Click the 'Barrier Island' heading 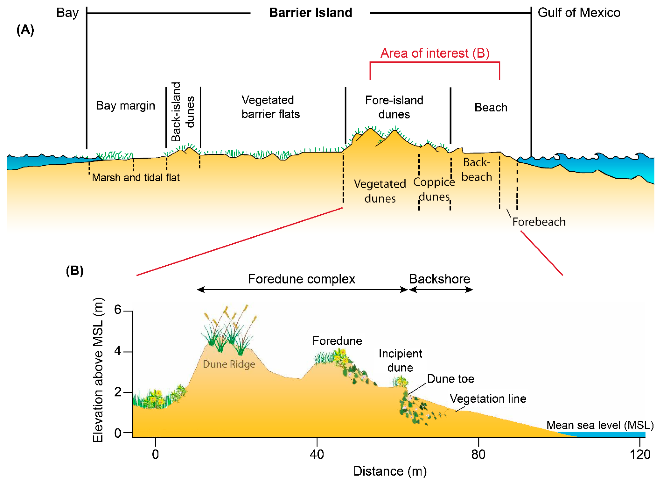click(x=311, y=13)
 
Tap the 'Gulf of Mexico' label click(x=579, y=13)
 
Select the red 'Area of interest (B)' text click(x=435, y=53)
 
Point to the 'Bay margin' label click(x=126, y=106)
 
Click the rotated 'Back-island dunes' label click(x=183, y=112)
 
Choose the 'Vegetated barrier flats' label click(x=270, y=107)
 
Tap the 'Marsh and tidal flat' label click(x=136, y=177)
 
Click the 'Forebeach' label click(x=539, y=222)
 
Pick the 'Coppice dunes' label click(x=434, y=189)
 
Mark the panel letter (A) click(x=25, y=30)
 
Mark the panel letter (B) click(x=74, y=271)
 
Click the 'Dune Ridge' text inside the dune click(x=229, y=364)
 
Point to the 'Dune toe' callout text click(x=450, y=379)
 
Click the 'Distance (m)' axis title click(x=390, y=471)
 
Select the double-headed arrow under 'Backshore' click(x=441, y=290)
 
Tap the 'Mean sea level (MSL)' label click(x=600, y=425)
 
